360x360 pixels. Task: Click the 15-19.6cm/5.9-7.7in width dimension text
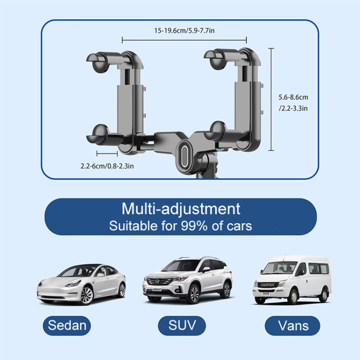(x=184, y=30)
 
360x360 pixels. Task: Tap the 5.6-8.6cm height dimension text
(x=293, y=97)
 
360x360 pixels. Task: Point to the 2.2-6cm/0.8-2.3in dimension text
(x=107, y=166)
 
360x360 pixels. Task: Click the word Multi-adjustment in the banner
(x=180, y=209)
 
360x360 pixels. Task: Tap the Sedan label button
(x=67, y=325)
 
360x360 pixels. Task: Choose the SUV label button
(x=182, y=325)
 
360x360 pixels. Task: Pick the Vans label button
(x=293, y=325)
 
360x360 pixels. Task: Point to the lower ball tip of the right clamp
(x=217, y=130)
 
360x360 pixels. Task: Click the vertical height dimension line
(x=272, y=96)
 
